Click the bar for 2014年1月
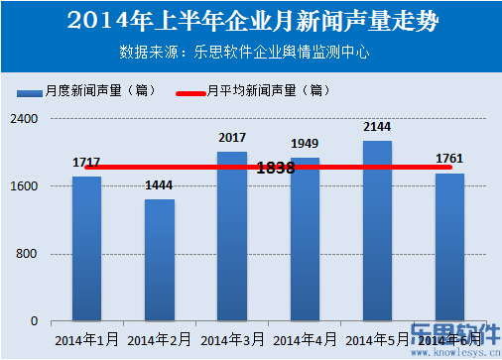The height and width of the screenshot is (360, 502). (x=86, y=248)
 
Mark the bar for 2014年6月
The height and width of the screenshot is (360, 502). (x=449, y=247)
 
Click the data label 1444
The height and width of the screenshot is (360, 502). (x=159, y=185)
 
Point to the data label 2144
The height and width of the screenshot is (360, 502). (x=377, y=127)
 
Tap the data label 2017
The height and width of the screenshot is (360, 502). (x=232, y=138)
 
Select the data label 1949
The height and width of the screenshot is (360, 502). (x=305, y=144)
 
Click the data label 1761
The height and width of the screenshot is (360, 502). (x=449, y=159)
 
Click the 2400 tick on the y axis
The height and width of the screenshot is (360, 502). (x=25, y=119)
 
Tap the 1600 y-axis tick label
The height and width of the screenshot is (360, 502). (x=25, y=186)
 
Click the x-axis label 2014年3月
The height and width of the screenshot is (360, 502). (x=232, y=340)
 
